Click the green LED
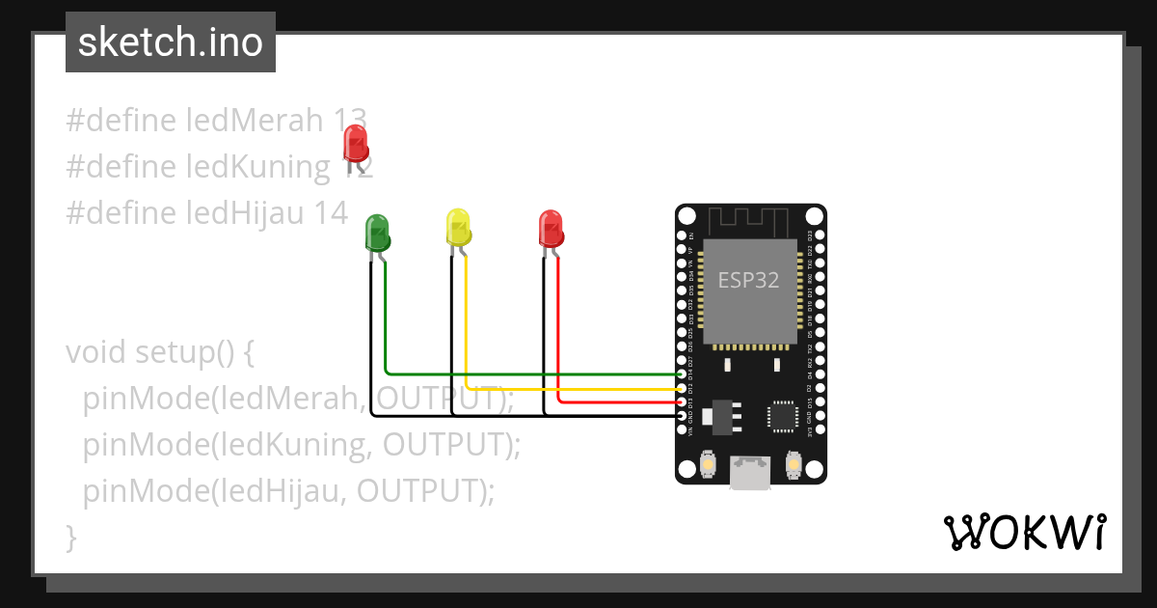[377, 234]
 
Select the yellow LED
[458, 227]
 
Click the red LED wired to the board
[550, 229]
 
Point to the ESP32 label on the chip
[748, 280]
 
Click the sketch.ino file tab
[171, 42]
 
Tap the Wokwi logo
[1024, 532]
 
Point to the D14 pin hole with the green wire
[682, 373]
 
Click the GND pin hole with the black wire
[682, 416]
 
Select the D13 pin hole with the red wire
[682, 401]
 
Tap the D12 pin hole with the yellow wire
[682, 388]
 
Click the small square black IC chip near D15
[783, 415]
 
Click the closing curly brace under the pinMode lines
[70, 537]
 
